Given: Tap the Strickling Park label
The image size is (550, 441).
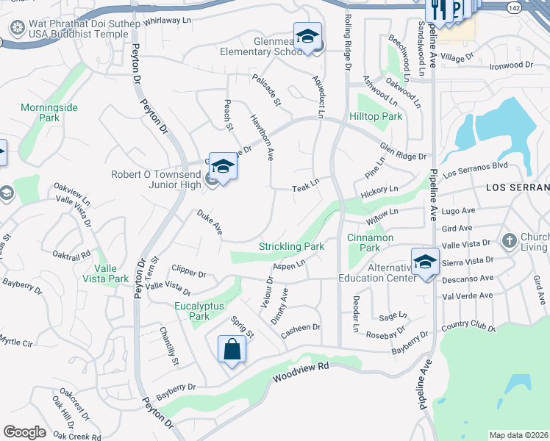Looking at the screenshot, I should [291, 247].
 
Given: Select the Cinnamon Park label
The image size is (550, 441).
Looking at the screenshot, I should [371, 243].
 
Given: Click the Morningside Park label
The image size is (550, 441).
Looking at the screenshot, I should [49, 112].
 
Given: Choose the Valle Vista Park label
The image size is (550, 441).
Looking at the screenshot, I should [106, 273].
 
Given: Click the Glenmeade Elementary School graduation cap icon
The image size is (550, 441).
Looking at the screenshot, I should [307, 36].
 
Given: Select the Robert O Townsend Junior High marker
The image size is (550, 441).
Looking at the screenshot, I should [223, 167].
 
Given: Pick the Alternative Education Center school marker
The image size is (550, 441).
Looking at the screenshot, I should [425, 262].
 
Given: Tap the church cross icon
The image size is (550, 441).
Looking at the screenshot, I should [509, 240].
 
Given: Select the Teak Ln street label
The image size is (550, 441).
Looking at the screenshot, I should [305, 189].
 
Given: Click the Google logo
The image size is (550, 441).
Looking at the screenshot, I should [24, 432].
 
